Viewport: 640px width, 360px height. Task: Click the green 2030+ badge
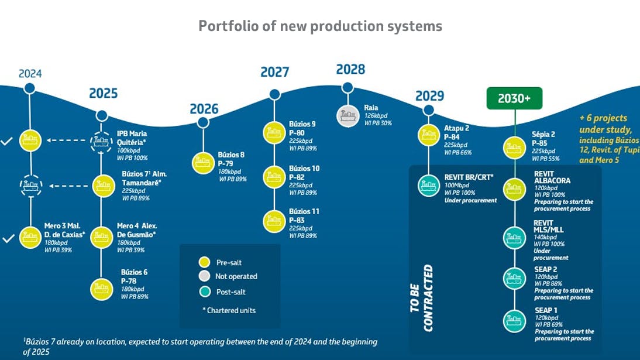(x=514, y=99)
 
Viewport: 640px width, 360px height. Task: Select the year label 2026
(x=204, y=109)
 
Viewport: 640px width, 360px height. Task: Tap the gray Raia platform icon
(x=347, y=115)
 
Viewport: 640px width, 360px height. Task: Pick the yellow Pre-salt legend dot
(x=204, y=262)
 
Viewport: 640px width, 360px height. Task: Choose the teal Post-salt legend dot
(x=204, y=290)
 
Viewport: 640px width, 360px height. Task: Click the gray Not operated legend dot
(x=204, y=276)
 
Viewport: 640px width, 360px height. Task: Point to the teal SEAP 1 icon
(x=515, y=320)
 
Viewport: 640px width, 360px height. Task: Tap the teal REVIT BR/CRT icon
(x=429, y=186)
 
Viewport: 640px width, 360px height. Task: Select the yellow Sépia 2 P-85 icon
(x=515, y=146)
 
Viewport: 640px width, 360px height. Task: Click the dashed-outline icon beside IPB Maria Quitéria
(x=102, y=141)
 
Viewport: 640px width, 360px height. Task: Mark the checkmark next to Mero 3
(x=7, y=239)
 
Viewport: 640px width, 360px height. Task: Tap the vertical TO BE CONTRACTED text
(x=428, y=298)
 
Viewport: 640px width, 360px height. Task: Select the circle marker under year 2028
(x=347, y=88)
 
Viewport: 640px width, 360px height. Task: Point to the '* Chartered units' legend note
(x=231, y=310)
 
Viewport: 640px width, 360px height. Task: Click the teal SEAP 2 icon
(x=515, y=278)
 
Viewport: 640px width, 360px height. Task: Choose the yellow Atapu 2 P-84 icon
(x=429, y=135)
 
